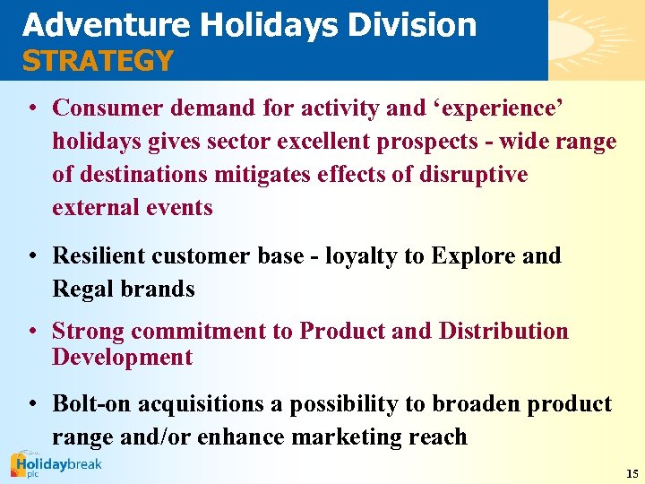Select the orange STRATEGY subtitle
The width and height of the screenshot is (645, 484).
[x=98, y=61]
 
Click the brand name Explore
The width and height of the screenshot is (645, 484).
[x=474, y=255]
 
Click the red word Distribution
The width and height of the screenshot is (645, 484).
[x=503, y=331]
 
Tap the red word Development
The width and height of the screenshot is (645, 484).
[x=123, y=357]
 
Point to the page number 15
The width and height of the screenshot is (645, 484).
[x=632, y=473]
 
